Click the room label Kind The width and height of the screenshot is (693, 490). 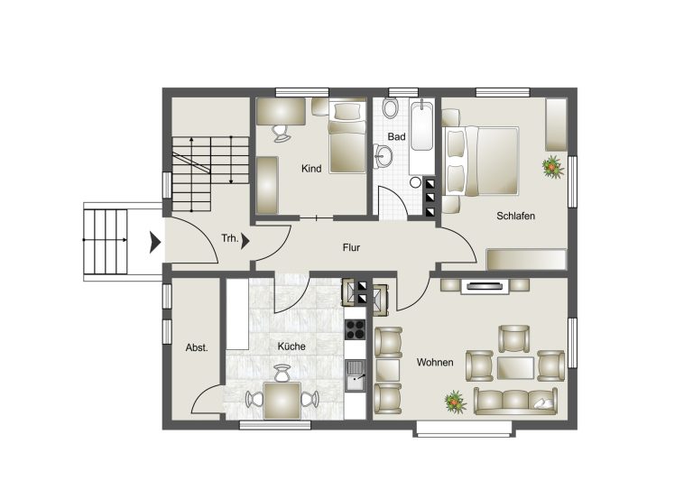point(311,169)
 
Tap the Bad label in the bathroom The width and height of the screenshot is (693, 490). point(396,137)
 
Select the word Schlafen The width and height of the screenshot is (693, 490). point(516,216)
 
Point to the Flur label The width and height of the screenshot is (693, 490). point(351,247)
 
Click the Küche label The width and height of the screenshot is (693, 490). point(291,347)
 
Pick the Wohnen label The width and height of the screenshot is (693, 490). point(435,362)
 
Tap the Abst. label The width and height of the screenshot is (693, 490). point(197,347)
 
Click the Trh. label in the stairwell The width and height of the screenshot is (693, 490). point(230,238)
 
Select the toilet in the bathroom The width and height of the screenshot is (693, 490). point(390,107)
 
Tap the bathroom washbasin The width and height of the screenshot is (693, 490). point(383,156)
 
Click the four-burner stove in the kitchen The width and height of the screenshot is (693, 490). point(355,329)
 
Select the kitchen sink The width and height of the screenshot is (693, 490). point(355,375)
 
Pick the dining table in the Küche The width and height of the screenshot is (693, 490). point(282,401)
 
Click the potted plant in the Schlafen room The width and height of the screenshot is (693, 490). point(553,167)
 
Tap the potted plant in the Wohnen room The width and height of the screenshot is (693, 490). point(456,402)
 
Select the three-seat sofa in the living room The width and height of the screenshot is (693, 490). point(515,402)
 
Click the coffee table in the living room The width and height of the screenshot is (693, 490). point(515,368)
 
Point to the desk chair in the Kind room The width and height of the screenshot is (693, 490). point(281,134)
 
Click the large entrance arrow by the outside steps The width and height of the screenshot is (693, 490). point(154,242)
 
